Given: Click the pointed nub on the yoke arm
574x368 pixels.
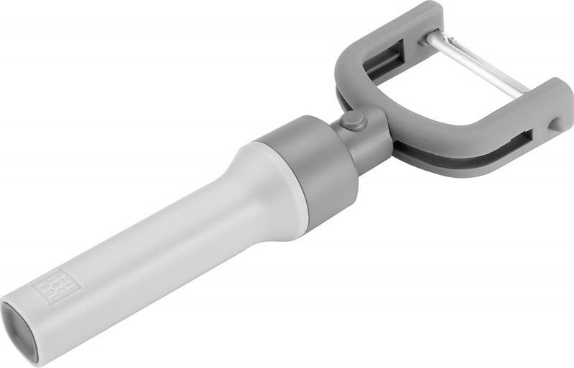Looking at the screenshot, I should click(553, 125).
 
